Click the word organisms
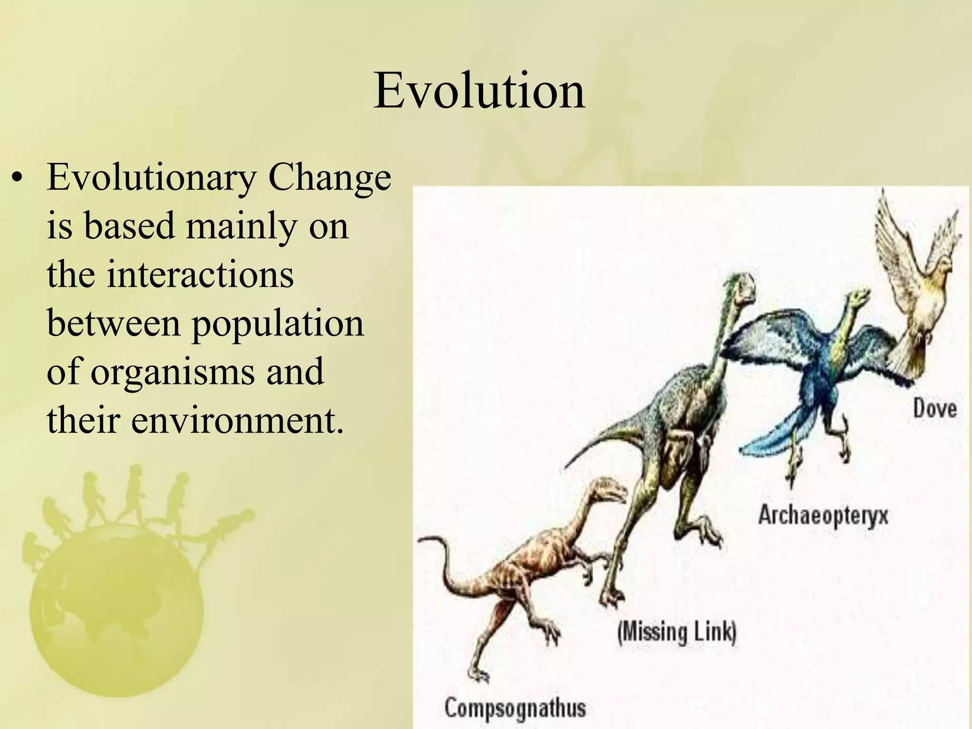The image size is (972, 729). pyautogui.click(x=173, y=372)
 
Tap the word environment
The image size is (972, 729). pyautogui.click(x=236, y=421)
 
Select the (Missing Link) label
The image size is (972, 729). pyautogui.click(x=677, y=633)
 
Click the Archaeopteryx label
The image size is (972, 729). pyautogui.click(x=822, y=515)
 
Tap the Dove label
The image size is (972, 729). pyautogui.click(x=935, y=409)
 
